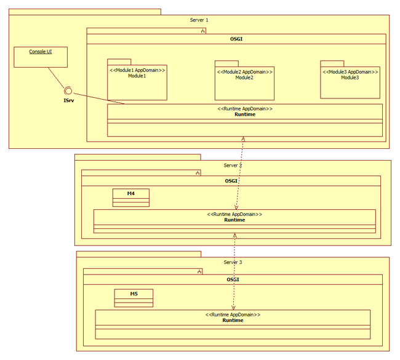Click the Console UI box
pyautogui.click(x=41, y=57)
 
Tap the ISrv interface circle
pyautogui.click(x=68, y=90)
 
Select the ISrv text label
pyautogui.click(x=69, y=100)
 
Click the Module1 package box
pyautogui.click(x=137, y=79)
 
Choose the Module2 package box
pyautogui.click(x=245, y=81)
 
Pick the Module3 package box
pyautogui.click(x=350, y=79)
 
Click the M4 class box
pyautogui.click(x=131, y=198)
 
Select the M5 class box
pyautogui.click(x=134, y=298)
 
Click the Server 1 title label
pyautogui.click(x=199, y=20)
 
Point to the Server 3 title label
pyautogui.click(x=233, y=262)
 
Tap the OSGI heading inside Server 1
pyautogui.click(x=236, y=39)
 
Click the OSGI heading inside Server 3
pyautogui.click(x=233, y=279)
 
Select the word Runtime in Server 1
pyautogui.click(x=245, y=114)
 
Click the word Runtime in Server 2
pyautogui.click(x=234, y=220)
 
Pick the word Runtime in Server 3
pyautogui.click(x=233, y=320)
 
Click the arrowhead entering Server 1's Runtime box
pyautogui.click(x=243, y=138)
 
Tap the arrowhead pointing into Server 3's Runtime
pyautogui.click(x=233, y=308)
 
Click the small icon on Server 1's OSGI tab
pyautogui.click(x=203, y=31)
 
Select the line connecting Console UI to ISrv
pyautogui.click(x=57, y=78)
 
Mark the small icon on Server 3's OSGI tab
pyautogui.click(x=199, y=272)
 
